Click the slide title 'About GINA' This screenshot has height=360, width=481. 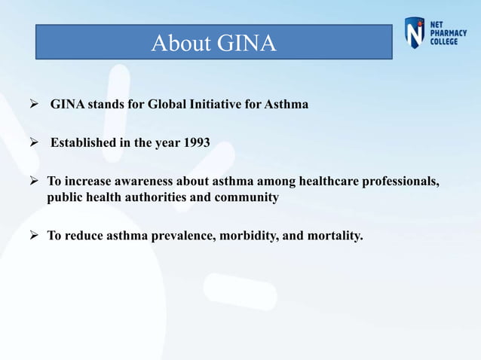(213, 43)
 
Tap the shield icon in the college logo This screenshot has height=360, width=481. (415, 34)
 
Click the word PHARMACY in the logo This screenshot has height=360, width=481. (448, 32)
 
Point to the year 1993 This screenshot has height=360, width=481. (197, 142)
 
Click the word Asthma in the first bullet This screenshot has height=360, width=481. (286, 104)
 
